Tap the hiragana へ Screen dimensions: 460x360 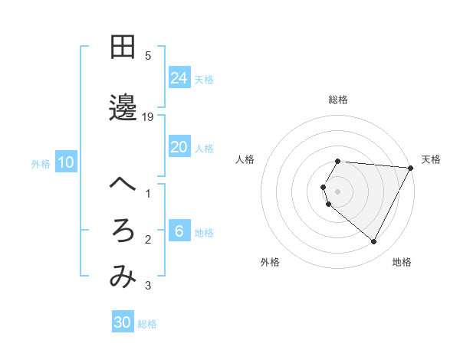(123, 184)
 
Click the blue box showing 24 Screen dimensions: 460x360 (179, 77)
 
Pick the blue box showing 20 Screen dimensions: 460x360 (179, 147)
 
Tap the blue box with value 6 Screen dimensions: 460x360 (179, 231)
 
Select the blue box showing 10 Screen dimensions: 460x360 (66, 162)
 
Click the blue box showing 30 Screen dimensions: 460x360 (123, 322)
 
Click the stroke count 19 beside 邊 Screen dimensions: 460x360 (148, 116)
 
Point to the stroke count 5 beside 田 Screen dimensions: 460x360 (148, 55)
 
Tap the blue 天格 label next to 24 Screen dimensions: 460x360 (204, 79)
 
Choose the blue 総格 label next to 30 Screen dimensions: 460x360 (147, 324)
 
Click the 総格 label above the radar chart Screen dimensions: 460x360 (337, 100)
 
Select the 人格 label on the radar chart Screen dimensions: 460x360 (245, 159)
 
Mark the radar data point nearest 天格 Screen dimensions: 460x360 (410, 168)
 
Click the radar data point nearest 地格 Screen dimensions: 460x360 (374, 241)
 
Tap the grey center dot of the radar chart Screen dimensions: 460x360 (337, 191)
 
